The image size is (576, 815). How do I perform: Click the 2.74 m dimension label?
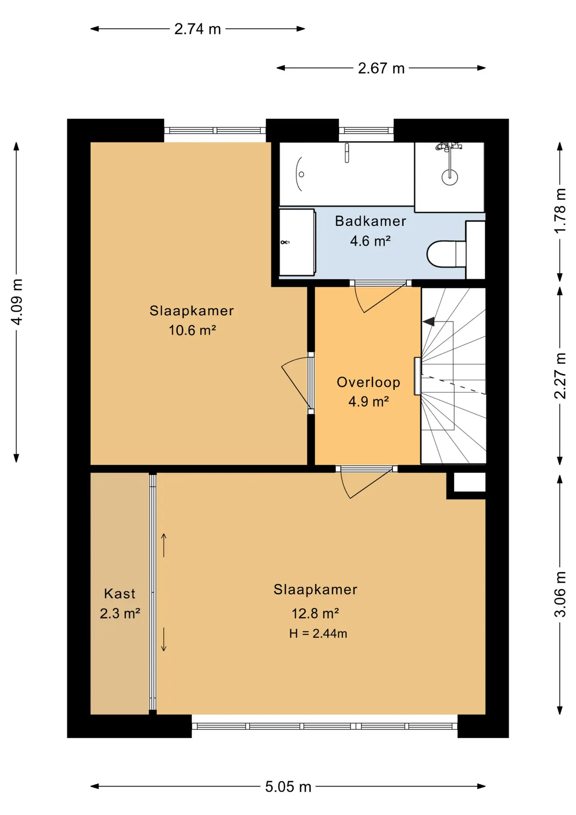tap(198, 29)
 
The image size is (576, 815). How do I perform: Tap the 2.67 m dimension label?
tap(381, 68)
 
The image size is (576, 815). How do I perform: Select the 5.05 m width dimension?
tap(288, 786)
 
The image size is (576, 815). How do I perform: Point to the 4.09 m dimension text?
tap(16, 302)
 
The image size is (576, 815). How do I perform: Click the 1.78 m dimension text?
tap(560, 211)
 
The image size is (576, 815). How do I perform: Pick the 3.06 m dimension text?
tap(560, 594)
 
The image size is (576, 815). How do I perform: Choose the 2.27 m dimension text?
tap(560, 376)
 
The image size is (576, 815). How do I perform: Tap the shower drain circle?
tap(450, 177)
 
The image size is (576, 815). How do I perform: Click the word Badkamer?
tap(370, 221)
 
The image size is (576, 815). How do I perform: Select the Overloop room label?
tap(368, 382)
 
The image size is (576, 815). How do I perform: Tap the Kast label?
tap(120, 593)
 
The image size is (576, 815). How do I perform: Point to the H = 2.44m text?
tap(318, 633)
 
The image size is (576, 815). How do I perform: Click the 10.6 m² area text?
tap(192, 330)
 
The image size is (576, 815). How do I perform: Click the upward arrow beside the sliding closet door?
tap(164, 545)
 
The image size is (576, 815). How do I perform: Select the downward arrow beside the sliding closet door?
tap(164, 639)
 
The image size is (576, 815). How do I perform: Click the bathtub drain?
tap(302, 174)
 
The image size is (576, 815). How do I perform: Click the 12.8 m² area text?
tap(315, 613)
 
